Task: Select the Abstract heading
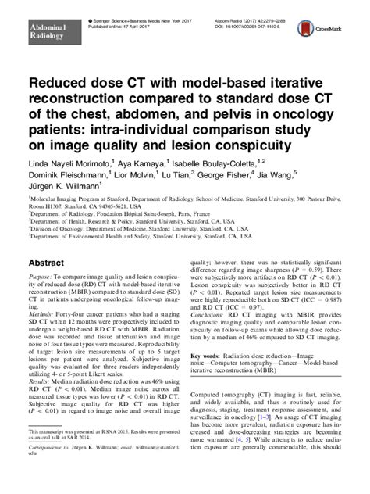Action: (48, 263)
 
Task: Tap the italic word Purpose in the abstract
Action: (41, 277)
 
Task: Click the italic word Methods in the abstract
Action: (41, 314)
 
